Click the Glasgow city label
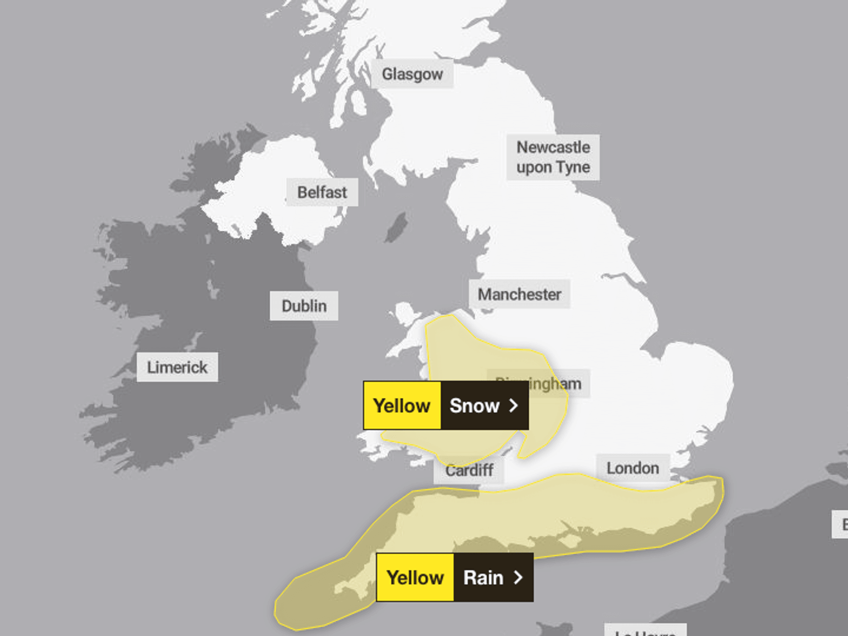pos(412,74)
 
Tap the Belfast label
pos(322,192)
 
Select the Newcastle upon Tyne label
pos(553,157)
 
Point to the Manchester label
pos(519,294)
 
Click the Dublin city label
pos(304,306)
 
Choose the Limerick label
pos(177,367)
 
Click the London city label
pos(633,468)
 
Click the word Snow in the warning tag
pos(474,406)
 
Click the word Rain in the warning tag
pos(483,577)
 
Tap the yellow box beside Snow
pos(402,406)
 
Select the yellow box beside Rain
pos(415,577)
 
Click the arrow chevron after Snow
pos(513,406)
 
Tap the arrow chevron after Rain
pos(518,577)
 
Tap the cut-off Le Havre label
pos(645,630)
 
